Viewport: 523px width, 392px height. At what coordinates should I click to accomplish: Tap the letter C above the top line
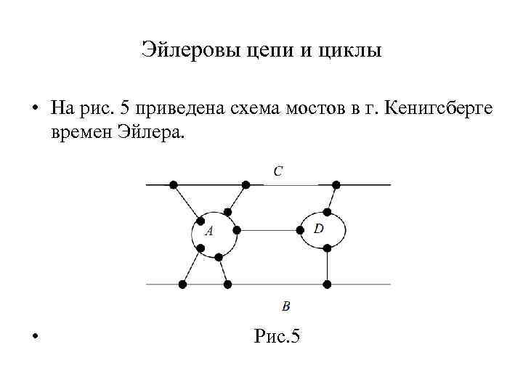click(x=278, y=171)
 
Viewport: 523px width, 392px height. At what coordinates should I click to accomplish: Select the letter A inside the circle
click(x=209, y=232)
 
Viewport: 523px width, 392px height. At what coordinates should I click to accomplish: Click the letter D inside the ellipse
click(x=319, y=229)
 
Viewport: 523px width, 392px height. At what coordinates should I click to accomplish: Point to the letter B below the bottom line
click(x=286, y=306)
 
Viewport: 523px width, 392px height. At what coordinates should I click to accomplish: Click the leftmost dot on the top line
click(x=173, y=184)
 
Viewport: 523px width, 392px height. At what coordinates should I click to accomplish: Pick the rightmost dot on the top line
click(x=336, y=184)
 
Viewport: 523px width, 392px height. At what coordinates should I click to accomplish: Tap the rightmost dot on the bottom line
click(x=328, y=283)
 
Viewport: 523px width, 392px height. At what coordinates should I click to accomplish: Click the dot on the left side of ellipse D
click(x=301, y=230)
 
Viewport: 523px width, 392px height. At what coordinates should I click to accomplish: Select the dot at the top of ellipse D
click(x=328, y=212)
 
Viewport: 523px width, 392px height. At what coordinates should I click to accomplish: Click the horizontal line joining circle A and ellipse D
click(x=269, y=230)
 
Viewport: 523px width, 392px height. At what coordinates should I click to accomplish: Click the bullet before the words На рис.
click(x=34, y=110)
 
